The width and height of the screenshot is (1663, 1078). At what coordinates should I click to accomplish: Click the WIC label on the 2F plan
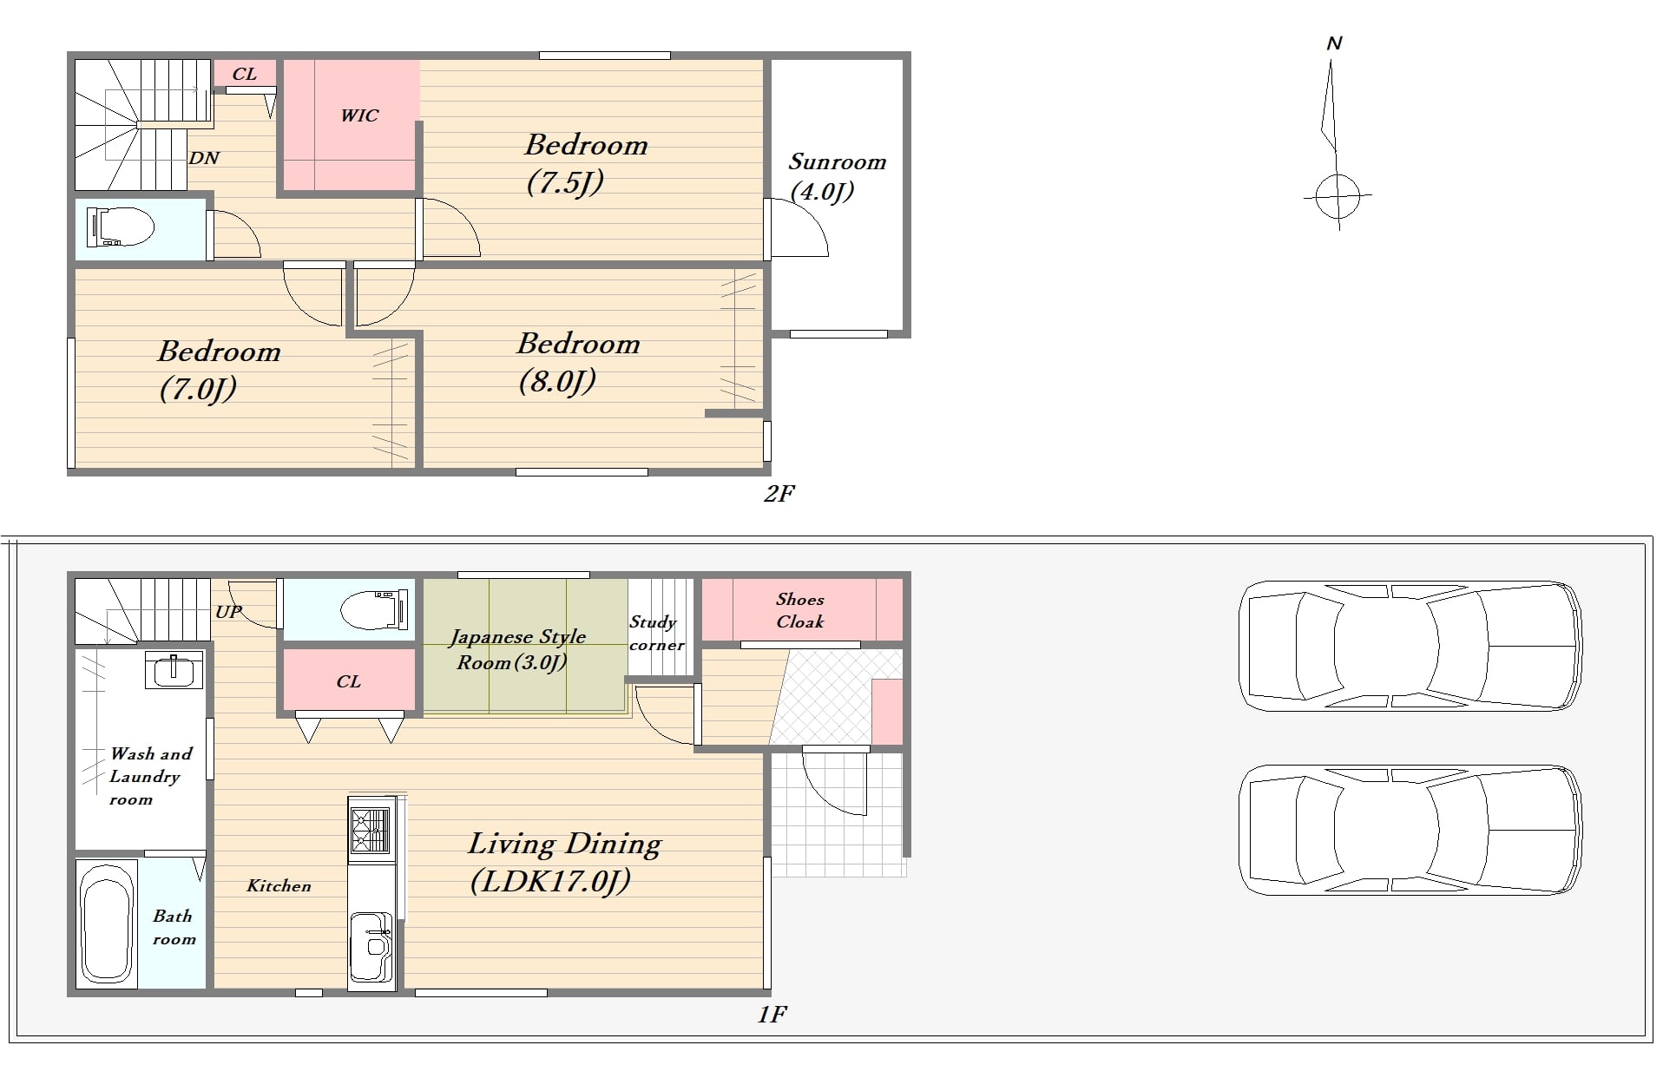[x=359, y=115]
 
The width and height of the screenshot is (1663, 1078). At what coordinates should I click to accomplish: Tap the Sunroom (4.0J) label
[x=837, y=176]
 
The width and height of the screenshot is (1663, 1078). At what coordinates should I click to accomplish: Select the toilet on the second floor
[x=120, y=228]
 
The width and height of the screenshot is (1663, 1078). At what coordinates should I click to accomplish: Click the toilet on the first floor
[x=373, y=611]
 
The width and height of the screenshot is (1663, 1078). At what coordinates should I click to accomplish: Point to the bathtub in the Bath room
[x=107, y=924]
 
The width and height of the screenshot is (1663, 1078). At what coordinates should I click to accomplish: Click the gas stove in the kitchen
[x=370, y=829]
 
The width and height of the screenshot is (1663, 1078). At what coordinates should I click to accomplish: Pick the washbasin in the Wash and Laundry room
[x=174, y=669]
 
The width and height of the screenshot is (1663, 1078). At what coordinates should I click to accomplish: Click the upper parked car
[x=1409, y=646]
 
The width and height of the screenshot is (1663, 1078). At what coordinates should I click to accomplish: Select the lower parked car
[x=1409, y=830]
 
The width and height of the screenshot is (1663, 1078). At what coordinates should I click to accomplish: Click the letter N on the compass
[x=1335, y=43]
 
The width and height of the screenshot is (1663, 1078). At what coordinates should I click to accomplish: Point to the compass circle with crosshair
[x=1338, y=196]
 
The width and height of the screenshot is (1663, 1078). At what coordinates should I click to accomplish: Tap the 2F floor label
[x=779, y=493]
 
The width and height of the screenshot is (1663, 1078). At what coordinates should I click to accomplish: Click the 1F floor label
[x=772, y=1014]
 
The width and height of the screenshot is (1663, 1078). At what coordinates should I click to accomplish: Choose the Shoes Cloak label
[x=800, y=610]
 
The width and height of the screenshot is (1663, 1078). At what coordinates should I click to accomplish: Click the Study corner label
[x=657, y=634]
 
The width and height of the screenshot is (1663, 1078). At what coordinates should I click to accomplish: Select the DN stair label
[x=204, y=158]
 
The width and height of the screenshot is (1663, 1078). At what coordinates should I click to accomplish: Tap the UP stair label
[x=229, y=612]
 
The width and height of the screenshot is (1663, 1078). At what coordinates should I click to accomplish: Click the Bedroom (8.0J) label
[x=578, y=363]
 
